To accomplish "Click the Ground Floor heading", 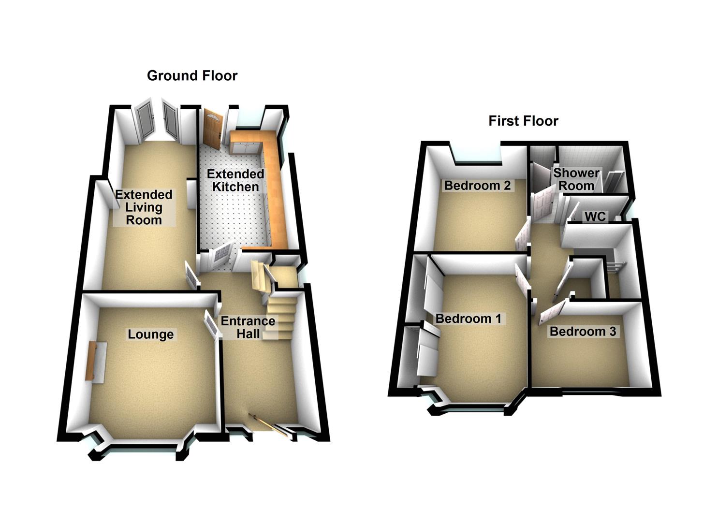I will pos(192,76).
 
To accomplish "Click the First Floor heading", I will pos(523,121).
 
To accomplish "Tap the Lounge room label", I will pos(150,334).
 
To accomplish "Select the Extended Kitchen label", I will pos(236,180).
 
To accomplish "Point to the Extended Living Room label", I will pos(144,207).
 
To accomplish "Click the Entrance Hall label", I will pos(248,327).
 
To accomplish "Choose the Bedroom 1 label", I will pos(469,319).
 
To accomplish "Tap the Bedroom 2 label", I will pos(477,186).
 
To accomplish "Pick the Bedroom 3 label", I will pos(583,332).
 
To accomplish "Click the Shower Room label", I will pos(576,179).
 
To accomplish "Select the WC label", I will pos(595,217).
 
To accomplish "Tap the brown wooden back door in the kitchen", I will pos(212,128).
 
